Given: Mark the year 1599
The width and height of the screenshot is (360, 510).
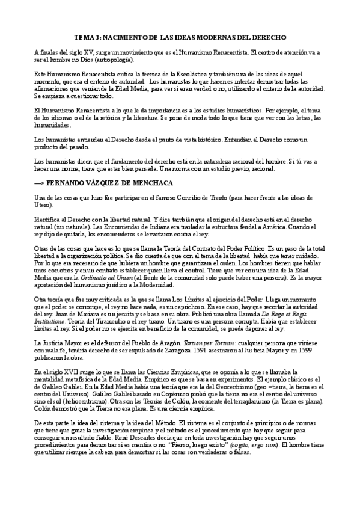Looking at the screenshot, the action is coord(337,350).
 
